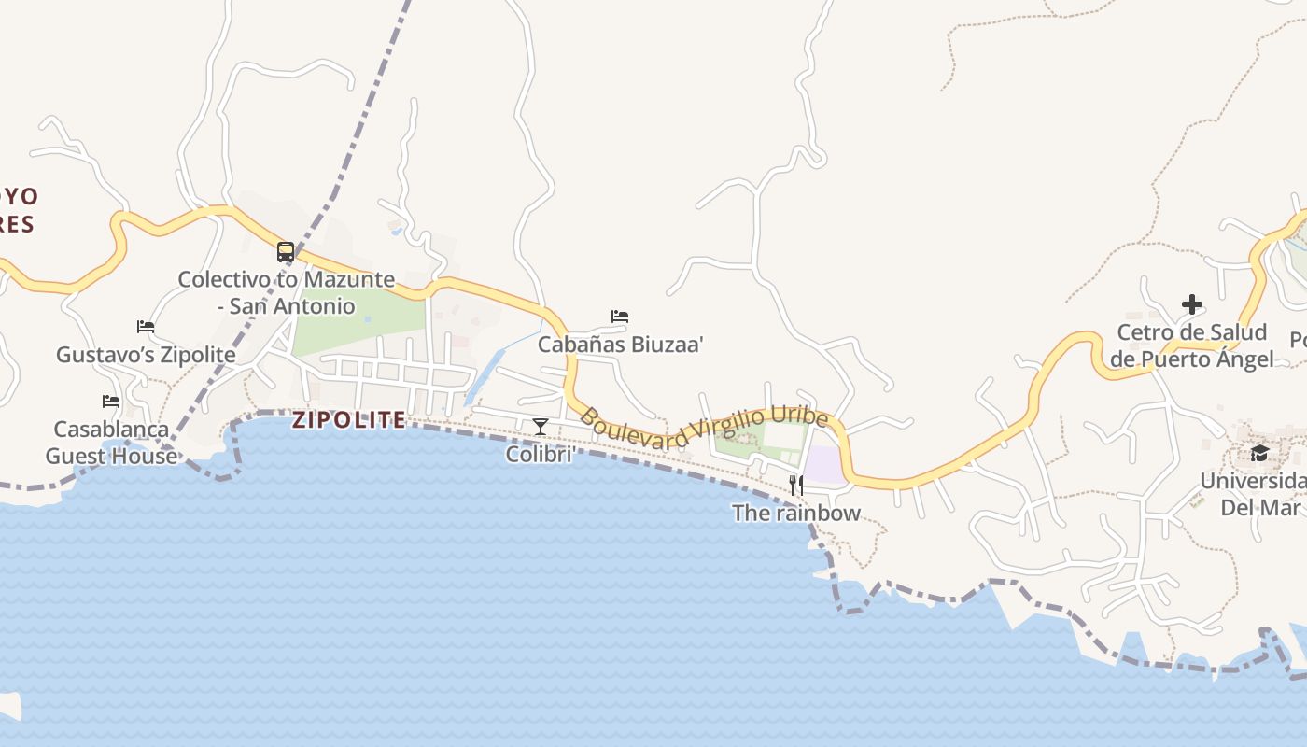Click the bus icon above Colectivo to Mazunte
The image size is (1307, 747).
pos(286,252)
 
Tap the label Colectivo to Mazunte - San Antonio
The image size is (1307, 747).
pos(286,292)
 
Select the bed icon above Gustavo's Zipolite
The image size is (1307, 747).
pos(146,327)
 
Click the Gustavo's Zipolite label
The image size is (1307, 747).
pos(146,355)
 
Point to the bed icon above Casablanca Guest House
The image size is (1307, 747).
pos(111,402)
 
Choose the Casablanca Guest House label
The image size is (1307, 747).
pos(111,443)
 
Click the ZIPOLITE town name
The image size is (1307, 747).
pos(349,420)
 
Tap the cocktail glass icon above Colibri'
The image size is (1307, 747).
pos(541,427)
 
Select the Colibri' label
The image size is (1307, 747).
pos(540,454)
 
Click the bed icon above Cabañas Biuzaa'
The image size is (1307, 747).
pos(620,317)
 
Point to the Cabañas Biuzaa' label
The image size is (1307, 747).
pos(620,344)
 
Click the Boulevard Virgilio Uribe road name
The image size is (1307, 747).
pos(704,429)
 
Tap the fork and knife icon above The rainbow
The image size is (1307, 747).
pos(796,485)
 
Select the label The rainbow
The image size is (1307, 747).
pos(796,513)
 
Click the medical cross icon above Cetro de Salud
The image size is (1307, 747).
pos(1191,304)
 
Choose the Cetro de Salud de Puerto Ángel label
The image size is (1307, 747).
pos(1191,345)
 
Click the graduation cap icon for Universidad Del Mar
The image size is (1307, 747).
pos(1259,454)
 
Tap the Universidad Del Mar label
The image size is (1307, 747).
pos(1259,494)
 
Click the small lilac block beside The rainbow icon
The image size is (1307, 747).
pos(824,465)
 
